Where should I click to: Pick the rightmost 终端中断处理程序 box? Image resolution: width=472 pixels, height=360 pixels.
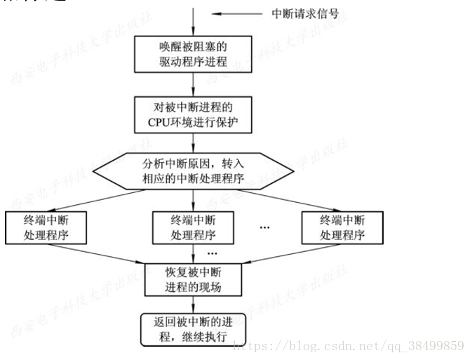[342, 227]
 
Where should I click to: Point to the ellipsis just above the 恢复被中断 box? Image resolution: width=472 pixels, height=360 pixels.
[213, 253]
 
